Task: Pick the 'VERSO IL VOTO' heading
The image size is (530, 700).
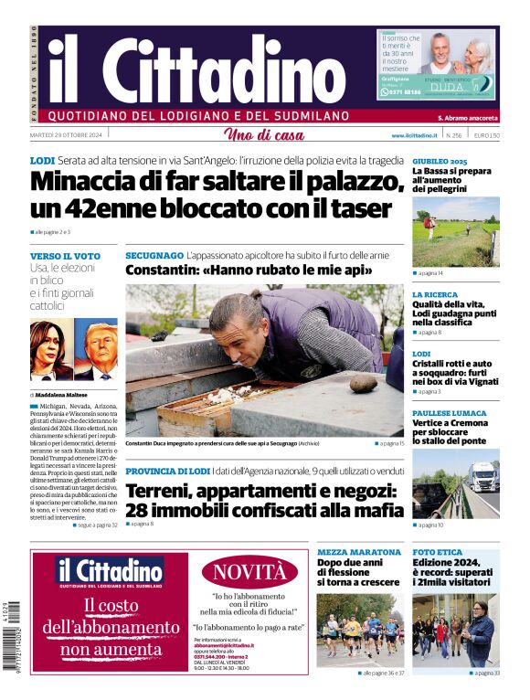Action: click(x=65, y=256)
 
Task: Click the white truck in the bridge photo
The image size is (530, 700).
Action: click(x=482, y=475)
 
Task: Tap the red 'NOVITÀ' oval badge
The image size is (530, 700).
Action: click(x=249, y=573)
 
